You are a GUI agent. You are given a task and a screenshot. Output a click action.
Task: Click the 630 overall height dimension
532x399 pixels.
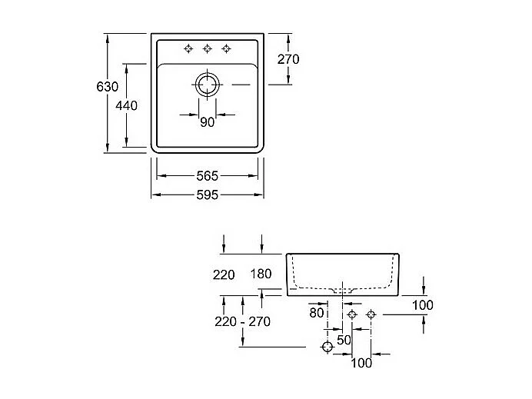pyautogui.click(x=107, y=87)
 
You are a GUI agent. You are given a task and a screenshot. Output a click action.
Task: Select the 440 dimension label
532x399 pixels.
pyautogui.click(x=126, y=105)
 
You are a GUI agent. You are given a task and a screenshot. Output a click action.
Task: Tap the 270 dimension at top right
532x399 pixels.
pyautogui.click(x=288, y=59)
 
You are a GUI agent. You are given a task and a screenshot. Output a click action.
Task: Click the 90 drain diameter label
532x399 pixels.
pyautogui.click(x=207, y=121)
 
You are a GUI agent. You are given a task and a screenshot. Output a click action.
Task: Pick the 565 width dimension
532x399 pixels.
pyautogui.click(x=207, y=176)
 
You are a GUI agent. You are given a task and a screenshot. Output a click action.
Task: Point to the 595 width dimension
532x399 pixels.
pyautogui.click(x=207, y=195)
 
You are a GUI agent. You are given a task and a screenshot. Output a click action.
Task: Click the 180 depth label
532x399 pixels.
pyautogui.click(x=261, y=274)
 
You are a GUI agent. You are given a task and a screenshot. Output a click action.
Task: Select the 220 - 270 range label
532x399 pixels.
pyautogui.click(x=242, y=321)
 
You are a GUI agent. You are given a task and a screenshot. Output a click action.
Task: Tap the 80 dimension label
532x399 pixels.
pyautogui.click(x=317, y=312)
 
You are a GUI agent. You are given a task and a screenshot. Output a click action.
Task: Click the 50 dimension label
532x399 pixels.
pyautogui.click(x=344, y=340)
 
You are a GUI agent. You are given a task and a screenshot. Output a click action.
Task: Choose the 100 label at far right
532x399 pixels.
pyautogui.click(x=423, y=305)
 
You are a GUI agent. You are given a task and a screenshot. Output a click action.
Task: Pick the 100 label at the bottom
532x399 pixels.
pyautogui.click(x=361, y=363)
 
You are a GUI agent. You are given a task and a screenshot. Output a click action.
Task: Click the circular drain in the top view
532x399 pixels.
pyautogui.click(x=207, y=78)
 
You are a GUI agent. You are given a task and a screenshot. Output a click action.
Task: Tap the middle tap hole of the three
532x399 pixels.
pyautogui.click(x=208, y=49)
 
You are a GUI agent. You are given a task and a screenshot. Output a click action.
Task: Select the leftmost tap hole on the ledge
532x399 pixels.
pyautogui.click(x=188, y=49)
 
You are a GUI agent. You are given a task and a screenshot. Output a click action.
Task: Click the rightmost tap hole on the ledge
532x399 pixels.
pyautogui.click(x=226, y=49)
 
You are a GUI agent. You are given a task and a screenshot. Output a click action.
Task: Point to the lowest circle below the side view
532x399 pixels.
pyautogui.click(x=328, y=347)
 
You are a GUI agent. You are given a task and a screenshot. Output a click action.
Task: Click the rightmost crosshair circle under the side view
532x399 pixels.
pyautogui.click(x=371, y=314)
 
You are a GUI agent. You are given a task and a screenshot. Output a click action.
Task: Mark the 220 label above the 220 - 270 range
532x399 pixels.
pyautogui.click(x=224, y=274)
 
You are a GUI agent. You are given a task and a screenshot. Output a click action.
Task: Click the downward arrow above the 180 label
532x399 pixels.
pyautogui.click(x=261, y=244)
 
